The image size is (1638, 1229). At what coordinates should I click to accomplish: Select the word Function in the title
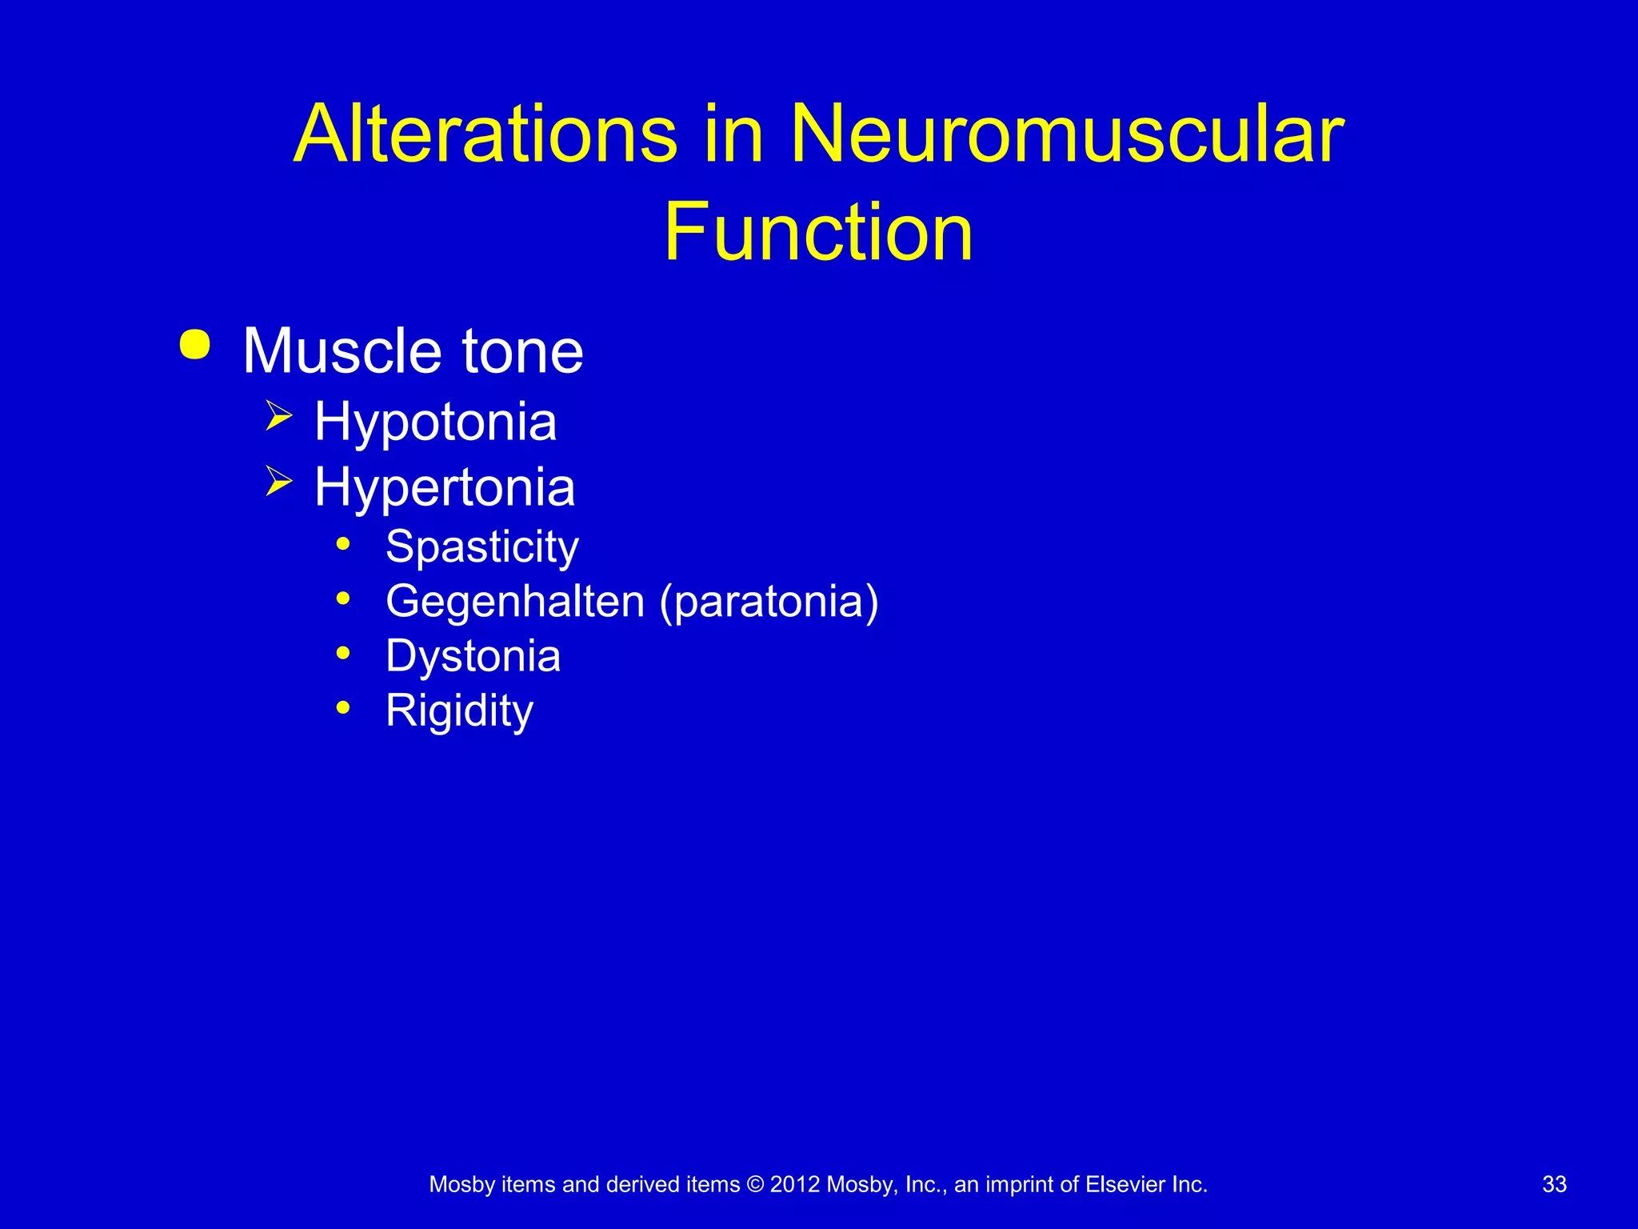click(818, 232)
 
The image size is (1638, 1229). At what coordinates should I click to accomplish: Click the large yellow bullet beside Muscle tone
click(195, 345)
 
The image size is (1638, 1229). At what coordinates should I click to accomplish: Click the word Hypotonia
click(435, 422)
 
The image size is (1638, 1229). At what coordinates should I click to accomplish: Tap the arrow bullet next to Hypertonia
click(279, 482)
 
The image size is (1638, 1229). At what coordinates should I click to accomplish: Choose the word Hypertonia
click(445, 487)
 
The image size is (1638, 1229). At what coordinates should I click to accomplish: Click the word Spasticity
click(481, 547)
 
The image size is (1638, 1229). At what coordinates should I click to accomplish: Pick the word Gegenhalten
click(515, 602)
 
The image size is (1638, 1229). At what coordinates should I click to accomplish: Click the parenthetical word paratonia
click(769, 602)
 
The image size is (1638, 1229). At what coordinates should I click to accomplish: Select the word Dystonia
click(473, 656)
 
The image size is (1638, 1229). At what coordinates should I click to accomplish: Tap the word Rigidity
click(459, 711)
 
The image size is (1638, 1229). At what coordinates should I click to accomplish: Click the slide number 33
click(1554, 1184)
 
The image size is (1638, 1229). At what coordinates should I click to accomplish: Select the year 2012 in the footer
click(795, 1184)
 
